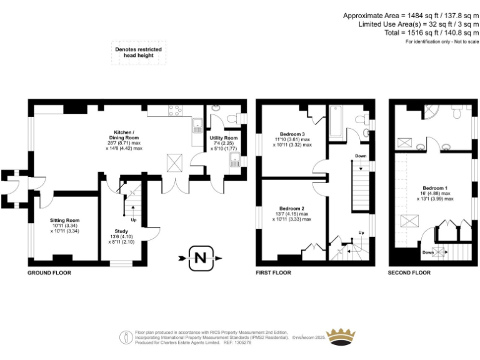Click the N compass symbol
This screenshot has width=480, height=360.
201,257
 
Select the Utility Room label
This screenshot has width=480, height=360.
223,137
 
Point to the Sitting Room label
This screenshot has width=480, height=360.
65,221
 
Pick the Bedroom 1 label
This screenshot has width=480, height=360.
434,188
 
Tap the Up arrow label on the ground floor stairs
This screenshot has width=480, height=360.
133,220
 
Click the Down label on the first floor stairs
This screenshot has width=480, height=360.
361,156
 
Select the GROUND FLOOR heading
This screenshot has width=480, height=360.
49,273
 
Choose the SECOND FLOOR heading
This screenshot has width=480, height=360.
409,273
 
